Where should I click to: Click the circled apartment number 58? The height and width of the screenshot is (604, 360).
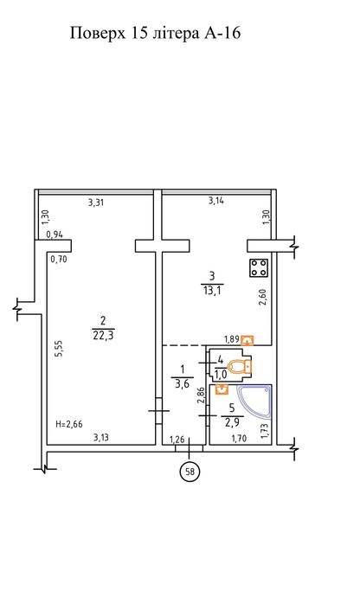190,472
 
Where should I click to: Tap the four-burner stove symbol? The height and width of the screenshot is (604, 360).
259,267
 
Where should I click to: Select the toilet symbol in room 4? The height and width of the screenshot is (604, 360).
241,366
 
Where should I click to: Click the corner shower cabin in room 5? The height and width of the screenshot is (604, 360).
255,402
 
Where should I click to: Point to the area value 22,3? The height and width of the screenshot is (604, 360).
103,336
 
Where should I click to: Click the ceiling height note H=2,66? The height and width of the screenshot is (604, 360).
69,425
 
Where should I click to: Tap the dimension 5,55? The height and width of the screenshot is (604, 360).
59,349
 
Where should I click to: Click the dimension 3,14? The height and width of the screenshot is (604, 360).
216,200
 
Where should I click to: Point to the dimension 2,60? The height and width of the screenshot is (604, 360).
263,298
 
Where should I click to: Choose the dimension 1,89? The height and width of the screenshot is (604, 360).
232,339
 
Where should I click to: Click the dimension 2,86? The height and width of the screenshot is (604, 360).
200,395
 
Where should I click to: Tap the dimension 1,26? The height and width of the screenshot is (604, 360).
177,439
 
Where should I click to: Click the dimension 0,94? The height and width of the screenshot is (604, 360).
55,235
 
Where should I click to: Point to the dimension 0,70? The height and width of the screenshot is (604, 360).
59,260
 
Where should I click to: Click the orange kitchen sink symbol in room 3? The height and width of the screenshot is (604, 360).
247,340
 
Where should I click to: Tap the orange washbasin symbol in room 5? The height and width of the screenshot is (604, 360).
222,389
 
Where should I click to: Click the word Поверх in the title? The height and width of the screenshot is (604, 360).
98,33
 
